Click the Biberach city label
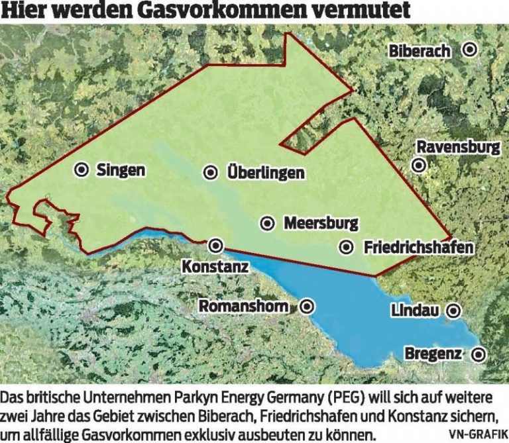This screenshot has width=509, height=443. click(420, 51)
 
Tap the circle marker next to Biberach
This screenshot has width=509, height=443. click(470, 49)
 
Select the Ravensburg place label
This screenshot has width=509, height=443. click(458, 146)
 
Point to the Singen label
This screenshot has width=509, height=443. click(121, 170)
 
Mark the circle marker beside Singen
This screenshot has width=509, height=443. click(82, 170)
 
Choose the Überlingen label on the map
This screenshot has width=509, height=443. click(266, 173)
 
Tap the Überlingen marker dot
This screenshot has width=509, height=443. click(210, 173)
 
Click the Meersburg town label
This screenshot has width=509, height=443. click(321, 223)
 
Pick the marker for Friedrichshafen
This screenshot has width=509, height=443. click(346, 247)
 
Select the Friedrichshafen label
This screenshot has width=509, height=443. click(420, 248)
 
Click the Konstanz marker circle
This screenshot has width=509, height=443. click(215, 246)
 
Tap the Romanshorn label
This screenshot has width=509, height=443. click(244, 307)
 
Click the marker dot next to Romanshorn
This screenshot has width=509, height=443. click(307, 307)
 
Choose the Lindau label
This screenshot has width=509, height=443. click(416, 310)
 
